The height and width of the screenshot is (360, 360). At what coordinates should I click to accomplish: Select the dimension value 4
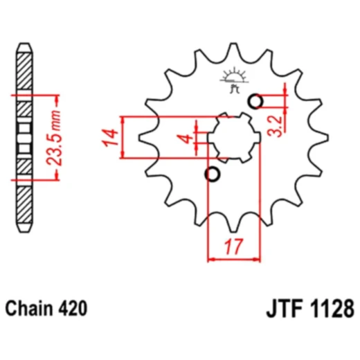[186, 138]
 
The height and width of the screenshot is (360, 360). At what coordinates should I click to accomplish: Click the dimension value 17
[233, 244]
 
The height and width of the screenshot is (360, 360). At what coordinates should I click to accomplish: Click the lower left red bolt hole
[213, 173]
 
